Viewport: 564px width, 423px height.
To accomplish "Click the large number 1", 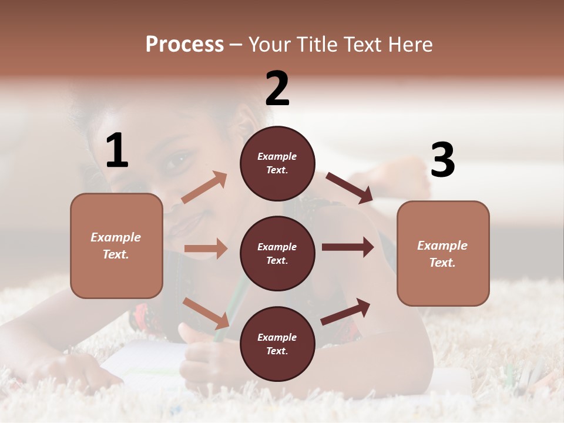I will [x=117, y=150].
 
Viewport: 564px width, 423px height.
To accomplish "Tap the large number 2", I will [x=277, y=88].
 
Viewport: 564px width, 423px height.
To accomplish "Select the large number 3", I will [x=442, y=160].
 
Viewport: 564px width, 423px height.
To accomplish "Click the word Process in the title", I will [x=184, y=44].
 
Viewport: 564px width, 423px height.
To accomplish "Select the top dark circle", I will [x=277, y=163].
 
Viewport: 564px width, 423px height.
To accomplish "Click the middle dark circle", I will [x=277, y=253].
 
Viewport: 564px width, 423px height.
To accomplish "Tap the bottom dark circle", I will [x=277, y=344].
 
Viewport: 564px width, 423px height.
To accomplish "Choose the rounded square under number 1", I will [x=116, y=246].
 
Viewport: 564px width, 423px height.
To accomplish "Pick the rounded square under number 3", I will [x=443, y=253].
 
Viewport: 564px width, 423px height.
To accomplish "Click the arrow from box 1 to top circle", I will [x=204, y=187].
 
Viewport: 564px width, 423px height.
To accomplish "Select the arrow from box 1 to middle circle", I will [x=206, y=249].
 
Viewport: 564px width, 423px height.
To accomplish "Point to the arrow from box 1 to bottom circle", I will [x=206, y=313].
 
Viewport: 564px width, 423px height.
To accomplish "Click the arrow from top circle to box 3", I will [x=349, y=188].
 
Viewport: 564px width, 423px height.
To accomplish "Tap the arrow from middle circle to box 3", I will [x=348, y=247].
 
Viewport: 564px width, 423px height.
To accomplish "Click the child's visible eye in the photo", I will [x=180, y=159].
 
